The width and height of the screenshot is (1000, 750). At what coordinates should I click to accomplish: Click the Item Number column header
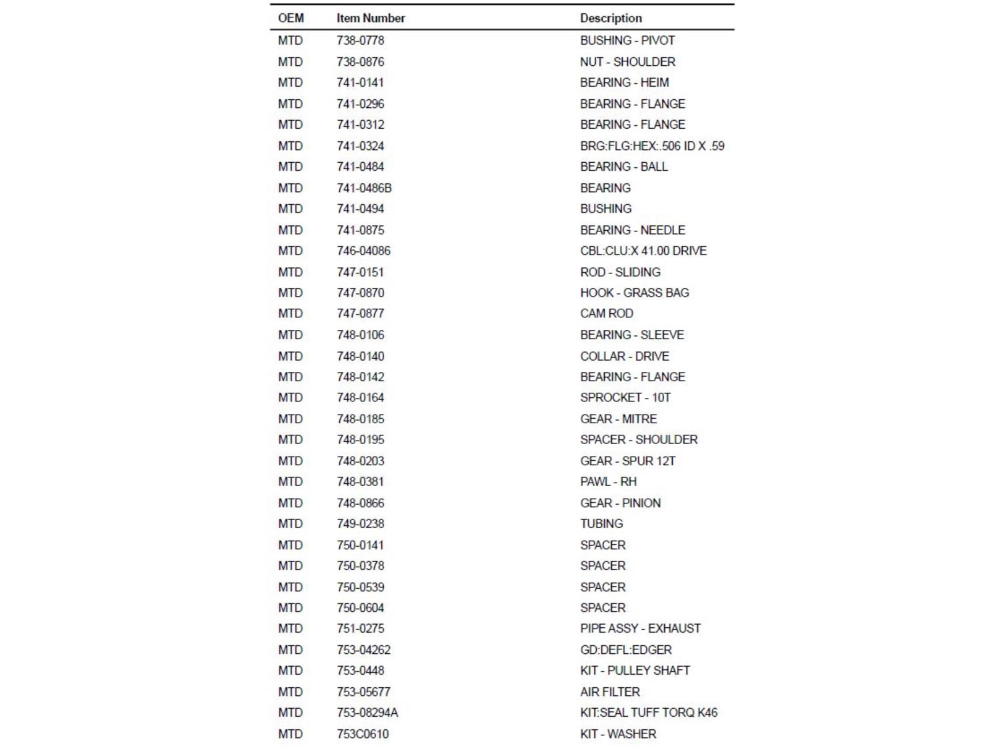point(371,18)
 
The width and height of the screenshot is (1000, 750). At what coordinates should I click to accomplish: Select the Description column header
point(611,18)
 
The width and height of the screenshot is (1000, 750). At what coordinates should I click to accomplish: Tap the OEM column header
point(291,18)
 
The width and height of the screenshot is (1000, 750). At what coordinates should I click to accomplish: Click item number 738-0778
point(360,41)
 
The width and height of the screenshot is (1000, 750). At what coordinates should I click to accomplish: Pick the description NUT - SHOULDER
point(627,62)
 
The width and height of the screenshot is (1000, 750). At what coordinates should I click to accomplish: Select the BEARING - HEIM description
point(624,83)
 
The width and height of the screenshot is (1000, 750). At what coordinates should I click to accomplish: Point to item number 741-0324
point(360,146)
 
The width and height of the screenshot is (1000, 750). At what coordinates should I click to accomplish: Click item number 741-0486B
point(364,188)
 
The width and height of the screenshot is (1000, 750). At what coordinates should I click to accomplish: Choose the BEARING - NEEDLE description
point(632,230)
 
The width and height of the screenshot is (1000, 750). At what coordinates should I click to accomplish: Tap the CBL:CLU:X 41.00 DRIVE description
point(643,251)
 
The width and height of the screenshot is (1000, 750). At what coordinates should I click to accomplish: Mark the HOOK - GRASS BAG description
point(634,293)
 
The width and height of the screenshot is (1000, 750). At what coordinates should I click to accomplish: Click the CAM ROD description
point(606,313)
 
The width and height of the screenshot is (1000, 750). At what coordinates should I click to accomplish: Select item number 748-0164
point(360,397)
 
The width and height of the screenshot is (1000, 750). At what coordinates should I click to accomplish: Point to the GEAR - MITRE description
point(618,419)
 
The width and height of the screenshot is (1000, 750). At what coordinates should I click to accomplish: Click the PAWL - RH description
point(608,481)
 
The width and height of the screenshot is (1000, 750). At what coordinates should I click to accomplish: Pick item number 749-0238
point(360,523)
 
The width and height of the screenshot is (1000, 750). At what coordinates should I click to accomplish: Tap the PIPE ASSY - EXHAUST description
point(640,628)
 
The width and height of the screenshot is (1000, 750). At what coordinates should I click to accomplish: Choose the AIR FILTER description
point(609,692)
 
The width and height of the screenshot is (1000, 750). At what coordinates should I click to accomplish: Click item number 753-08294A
point(367,713)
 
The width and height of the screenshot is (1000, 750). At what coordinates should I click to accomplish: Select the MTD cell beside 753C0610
point(290,734)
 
